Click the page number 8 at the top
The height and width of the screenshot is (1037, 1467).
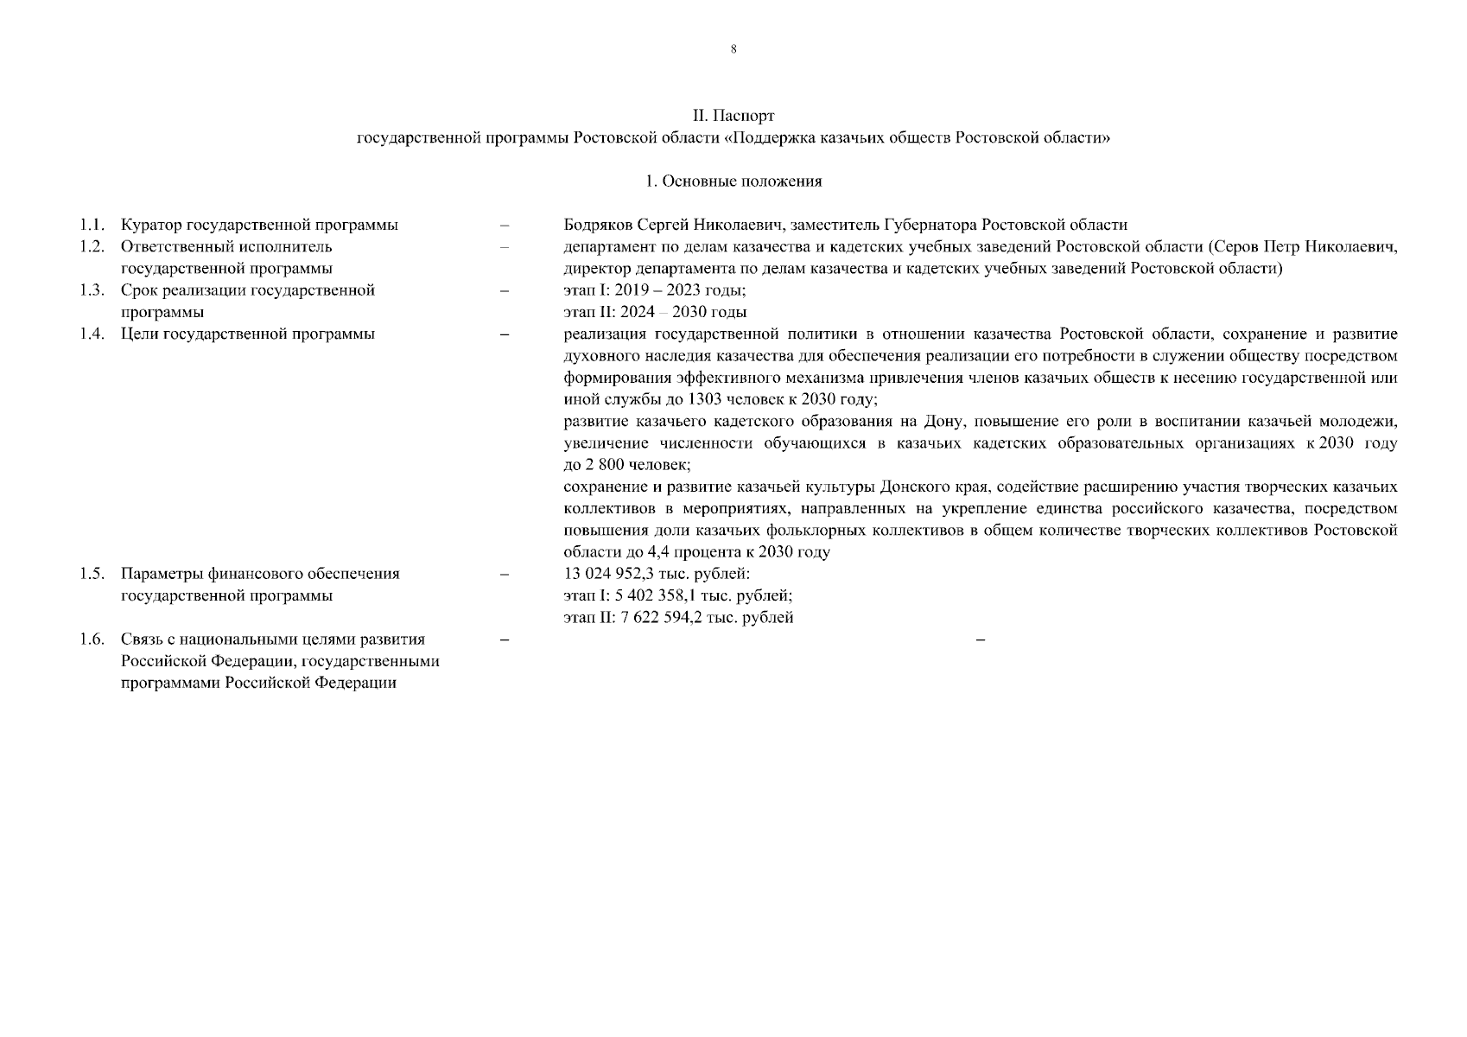point(733,49)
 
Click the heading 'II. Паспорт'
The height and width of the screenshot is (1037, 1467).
point(733,116)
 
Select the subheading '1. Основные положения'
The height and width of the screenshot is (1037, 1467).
point(733,181)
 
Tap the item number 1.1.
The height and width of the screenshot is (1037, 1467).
point(92,226)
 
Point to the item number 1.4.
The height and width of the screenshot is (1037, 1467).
point(92,334)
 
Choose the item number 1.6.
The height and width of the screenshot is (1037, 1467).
point(92,639)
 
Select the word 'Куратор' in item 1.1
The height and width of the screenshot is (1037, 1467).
point(149,226)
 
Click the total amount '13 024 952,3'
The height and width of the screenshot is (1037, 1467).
point(606,574)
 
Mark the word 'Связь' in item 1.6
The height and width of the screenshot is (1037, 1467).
point(141,639)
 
